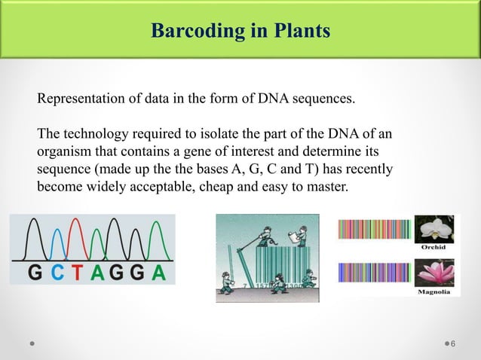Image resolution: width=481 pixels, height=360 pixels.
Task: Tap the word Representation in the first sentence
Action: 81,99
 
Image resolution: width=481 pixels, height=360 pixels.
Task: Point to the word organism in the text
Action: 64,151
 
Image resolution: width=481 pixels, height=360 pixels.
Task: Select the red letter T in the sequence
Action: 77,273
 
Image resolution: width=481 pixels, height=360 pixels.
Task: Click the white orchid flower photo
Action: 437,228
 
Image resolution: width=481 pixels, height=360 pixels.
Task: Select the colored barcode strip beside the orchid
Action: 374,229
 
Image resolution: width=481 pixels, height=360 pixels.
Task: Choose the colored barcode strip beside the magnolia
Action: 374,273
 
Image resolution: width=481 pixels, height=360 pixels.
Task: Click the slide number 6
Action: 453,344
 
